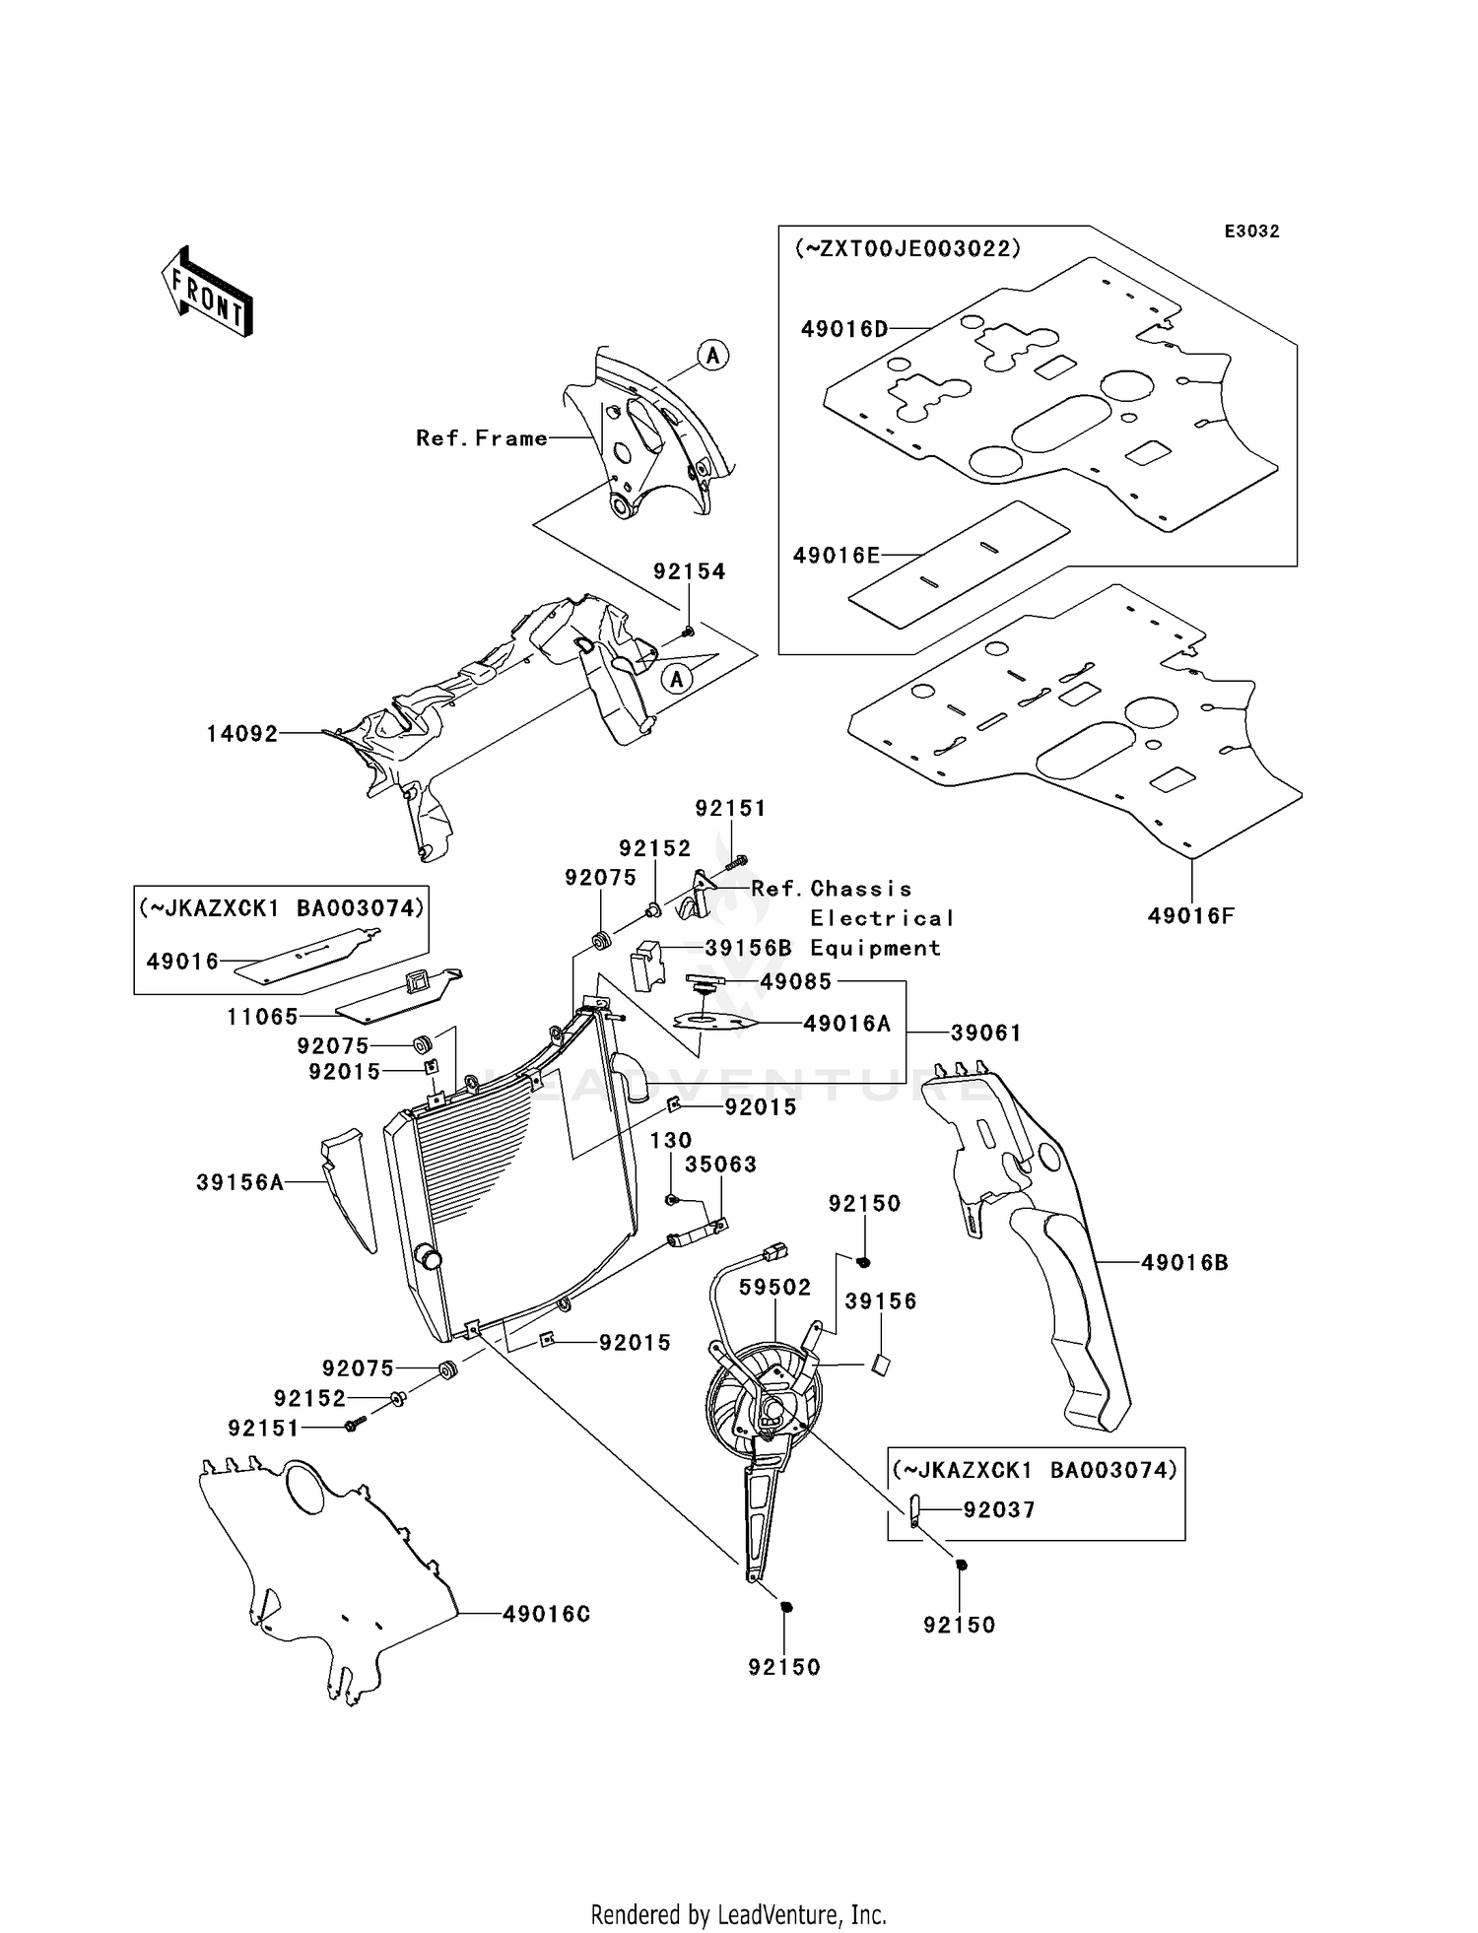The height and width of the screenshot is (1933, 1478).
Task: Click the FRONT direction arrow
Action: click(x=207, y=291)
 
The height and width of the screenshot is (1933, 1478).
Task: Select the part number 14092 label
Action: click(x=242, y=734)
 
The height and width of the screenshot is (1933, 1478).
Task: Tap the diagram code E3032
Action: click(x=1251, y=232)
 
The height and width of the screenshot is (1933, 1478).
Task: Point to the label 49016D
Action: click(x=845, y=329)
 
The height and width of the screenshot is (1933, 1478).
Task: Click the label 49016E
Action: click(x=837, y=556)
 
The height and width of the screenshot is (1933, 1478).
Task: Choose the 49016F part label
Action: click(x=1191, y=916)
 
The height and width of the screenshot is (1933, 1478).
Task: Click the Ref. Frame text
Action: click(x=482, y=438)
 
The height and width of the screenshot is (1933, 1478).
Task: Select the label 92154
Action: click(x=690, y=571)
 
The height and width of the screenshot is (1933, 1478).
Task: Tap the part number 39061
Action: click(x=986, y=1033)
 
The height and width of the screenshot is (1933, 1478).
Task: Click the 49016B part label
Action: click(x=1185, y=1262)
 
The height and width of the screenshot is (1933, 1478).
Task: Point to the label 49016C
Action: click(x=547, y=1614)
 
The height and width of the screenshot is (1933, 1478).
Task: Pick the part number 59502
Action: click(x=775, y=1288)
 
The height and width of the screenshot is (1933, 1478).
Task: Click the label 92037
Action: click(x=999, y=1509)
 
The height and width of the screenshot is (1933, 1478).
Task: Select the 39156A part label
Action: click(x=240, y=1182)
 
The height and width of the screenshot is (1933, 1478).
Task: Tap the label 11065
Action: click(x=262, y=1016)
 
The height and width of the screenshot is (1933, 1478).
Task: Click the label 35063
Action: click(x=721, y=1165)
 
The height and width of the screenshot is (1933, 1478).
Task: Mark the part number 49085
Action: click(x=796, y=981)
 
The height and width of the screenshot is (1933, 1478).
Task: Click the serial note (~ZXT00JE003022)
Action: click(x=907, y=248)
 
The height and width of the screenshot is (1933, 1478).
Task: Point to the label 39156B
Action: click(x=749, y=948)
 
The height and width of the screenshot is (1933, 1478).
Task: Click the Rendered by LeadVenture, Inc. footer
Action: click(x=739, y=1914)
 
